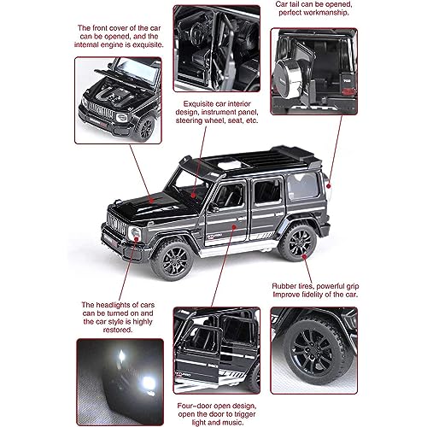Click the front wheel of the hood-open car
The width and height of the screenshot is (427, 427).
[x=146, y=128]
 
